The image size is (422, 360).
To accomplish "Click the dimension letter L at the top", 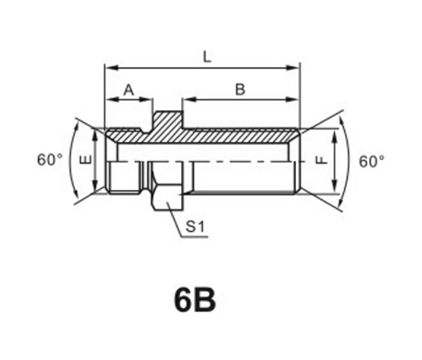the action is click(x=206, y=57).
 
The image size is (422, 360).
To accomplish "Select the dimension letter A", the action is click(x=129, y=90).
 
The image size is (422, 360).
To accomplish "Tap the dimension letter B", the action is click(x=240, y=90).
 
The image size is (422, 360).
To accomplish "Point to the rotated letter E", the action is click(x=86, y=159).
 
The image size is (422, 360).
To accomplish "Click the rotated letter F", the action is click(x=322, y=159).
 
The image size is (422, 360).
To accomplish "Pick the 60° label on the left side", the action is click(x=50, y=159).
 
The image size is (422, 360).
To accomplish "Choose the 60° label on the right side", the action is click(x=371, y=161).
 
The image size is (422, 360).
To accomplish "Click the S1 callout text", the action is click(x=196, y=226).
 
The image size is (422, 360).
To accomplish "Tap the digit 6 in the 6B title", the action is click(x=184, y=300).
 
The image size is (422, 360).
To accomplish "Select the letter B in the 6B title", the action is click(x=205, y=300).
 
